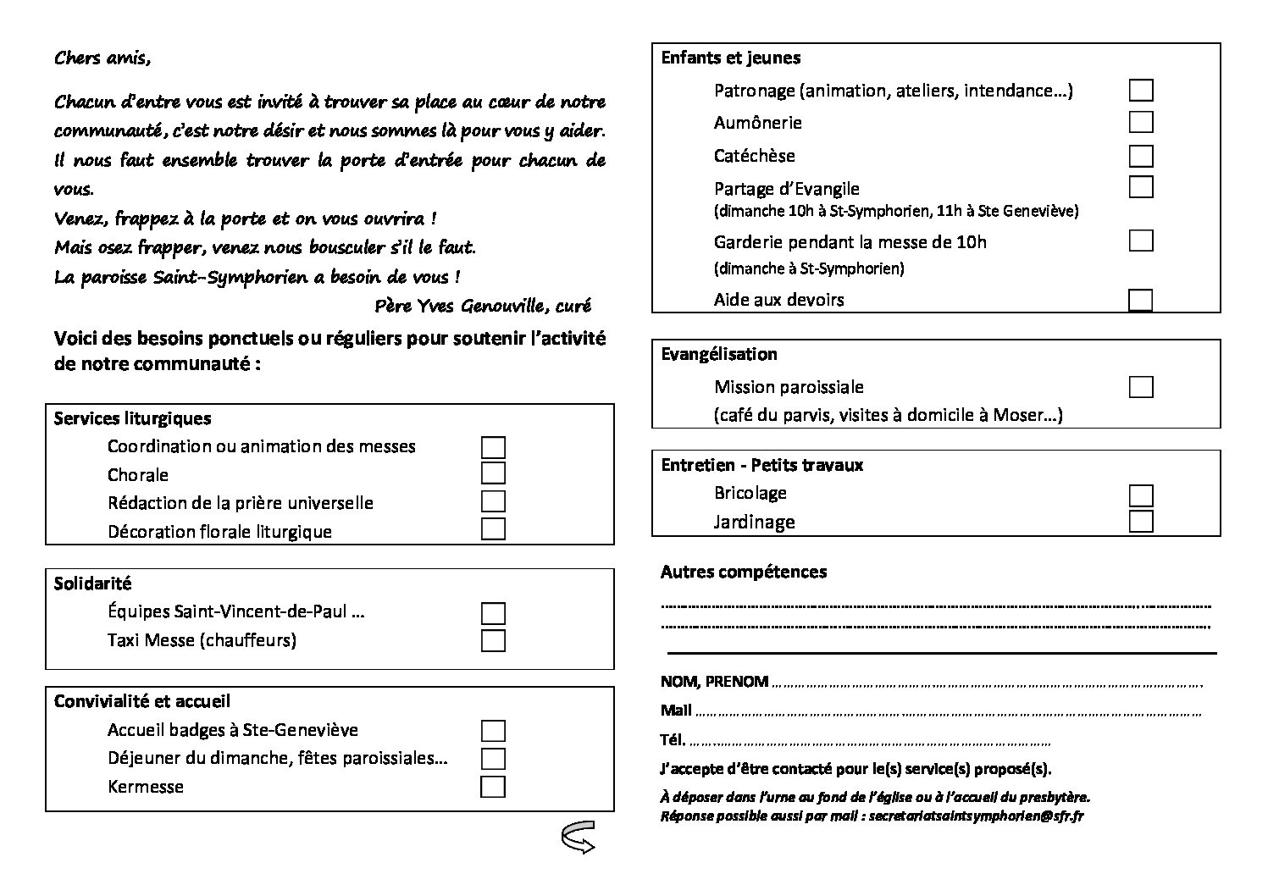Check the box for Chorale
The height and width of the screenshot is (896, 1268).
pos(493,473)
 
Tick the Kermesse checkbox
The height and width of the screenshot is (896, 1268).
pos(493,787)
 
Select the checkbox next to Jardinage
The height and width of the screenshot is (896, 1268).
pos(1141,521)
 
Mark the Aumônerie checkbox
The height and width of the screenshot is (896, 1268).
pos(1141,122)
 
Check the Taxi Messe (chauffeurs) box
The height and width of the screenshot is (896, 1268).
pos(493,640)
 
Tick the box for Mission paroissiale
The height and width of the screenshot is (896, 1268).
pos(1141,387)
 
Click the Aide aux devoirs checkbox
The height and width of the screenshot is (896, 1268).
pos(1141,300)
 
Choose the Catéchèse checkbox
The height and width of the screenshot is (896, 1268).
pos(1141,156)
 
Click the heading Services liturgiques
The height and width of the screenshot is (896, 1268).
pos(132,418)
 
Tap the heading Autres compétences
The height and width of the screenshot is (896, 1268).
pos(743,572)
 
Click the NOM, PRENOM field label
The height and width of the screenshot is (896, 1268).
pos(714,682)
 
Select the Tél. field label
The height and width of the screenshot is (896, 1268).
pos(673,739)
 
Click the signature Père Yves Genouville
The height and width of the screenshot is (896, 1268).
pos(481,306)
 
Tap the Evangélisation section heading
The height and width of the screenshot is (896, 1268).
pos(718,354)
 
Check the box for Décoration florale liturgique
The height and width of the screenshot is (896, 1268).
pos(493,529)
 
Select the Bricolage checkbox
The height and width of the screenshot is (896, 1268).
pos(1141,495)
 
